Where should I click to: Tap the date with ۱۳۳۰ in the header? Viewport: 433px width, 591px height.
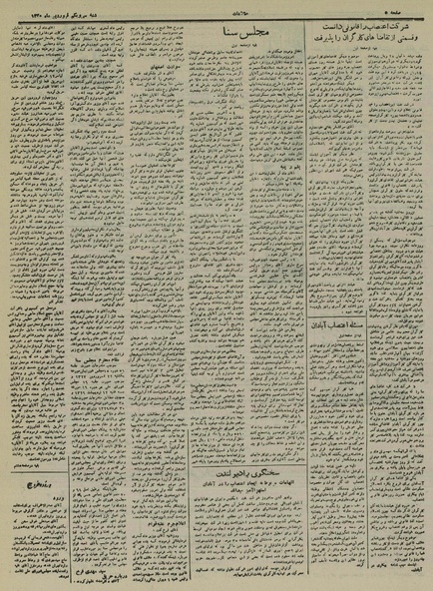coord(41,10)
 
